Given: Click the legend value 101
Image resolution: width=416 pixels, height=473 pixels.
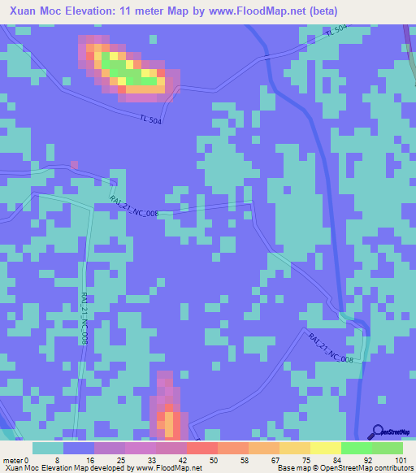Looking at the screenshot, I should (401, 459).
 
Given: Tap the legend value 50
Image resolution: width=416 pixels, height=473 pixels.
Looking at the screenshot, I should (214, 459).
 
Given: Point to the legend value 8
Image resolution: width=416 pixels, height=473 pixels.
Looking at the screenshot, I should (58, 459).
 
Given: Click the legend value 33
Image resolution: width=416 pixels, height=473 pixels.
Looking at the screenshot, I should (151, 459).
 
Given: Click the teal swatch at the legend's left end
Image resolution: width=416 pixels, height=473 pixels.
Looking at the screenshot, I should (48, 448).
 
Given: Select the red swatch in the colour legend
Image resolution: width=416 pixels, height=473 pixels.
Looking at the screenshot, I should (201, 448).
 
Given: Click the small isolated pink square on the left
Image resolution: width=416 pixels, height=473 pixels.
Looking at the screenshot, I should (74, 165).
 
